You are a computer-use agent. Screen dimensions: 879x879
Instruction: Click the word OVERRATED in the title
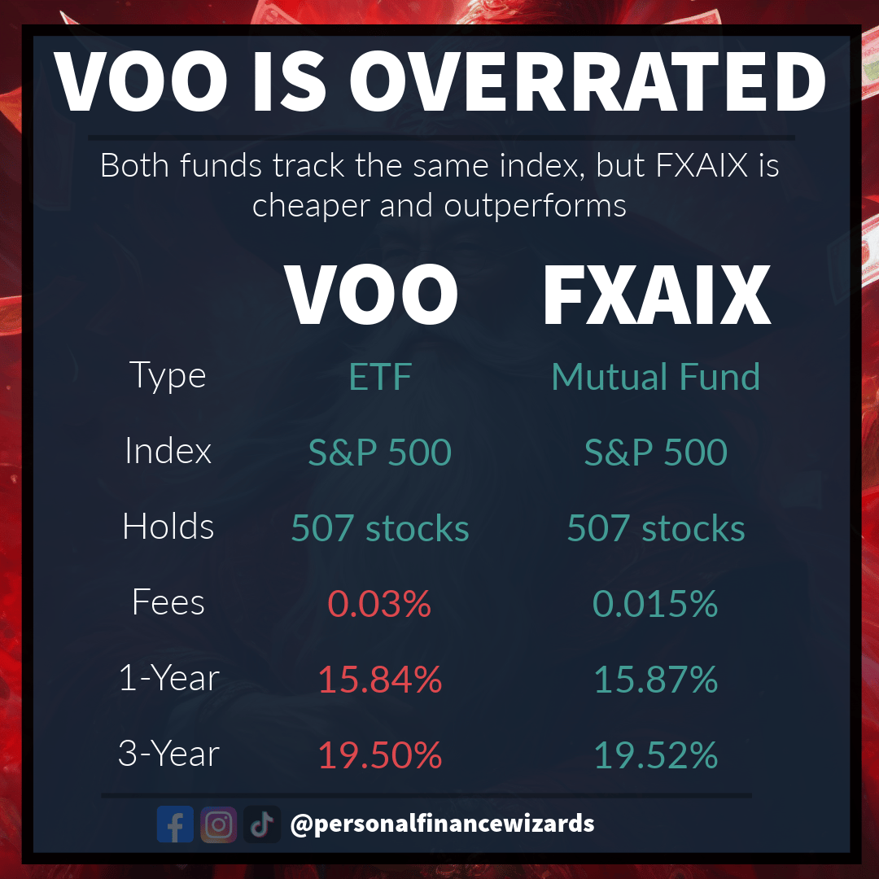[x=588, y=81]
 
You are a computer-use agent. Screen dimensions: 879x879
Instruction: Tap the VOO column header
[x=371, y=295]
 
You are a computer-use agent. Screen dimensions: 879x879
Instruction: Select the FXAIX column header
[x=657, y=295]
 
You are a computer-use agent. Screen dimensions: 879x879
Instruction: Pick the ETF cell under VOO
[x=380, y=377]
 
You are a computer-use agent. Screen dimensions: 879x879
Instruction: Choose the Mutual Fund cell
[x=656, y=377]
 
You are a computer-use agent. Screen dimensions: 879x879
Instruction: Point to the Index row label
[x=168, y=451]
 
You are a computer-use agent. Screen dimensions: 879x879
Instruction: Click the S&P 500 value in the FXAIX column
[x=656, y=453]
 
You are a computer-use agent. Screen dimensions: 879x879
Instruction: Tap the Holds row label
[x=168, y=527]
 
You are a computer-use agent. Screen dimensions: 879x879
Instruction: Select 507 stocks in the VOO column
[x=380, y=528]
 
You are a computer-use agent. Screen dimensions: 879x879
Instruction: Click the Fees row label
[x=168, y=602]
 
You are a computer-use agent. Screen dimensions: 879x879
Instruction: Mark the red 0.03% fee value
[x=379, y=604]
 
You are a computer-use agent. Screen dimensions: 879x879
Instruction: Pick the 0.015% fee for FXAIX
[x=655, y=604]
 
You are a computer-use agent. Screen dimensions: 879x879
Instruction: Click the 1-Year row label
[x=168, y=678]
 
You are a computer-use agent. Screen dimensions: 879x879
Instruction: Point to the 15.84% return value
[x=380, y=680]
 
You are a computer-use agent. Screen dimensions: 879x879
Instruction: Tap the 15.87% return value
[x=656, y=680]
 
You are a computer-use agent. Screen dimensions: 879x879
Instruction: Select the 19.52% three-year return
[x=656, y=755]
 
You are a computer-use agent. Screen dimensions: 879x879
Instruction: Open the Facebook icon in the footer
[x=175, y=824]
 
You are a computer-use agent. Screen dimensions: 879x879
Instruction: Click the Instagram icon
[x=219, y=824]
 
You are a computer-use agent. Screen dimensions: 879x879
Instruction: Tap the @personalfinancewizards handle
[x=442, y=824]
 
